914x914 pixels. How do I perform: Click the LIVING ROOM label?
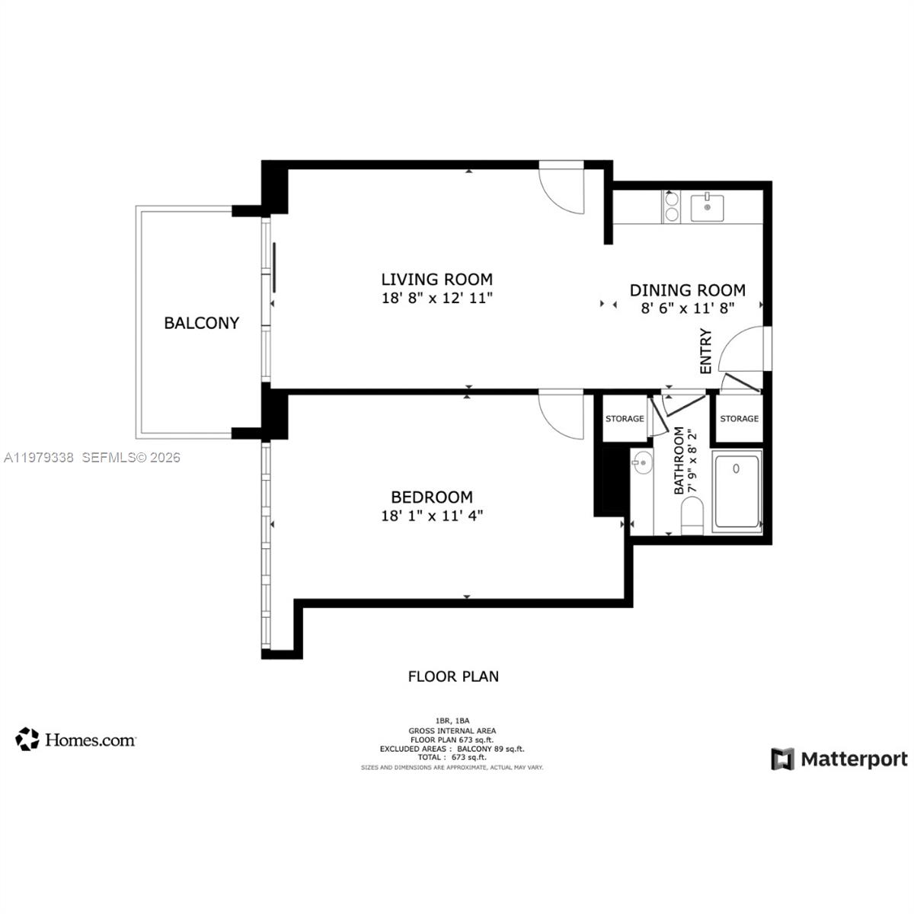tap(436, 279)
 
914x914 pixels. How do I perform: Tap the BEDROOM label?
tap(431, 497)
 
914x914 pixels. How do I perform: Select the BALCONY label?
tap(201, 323)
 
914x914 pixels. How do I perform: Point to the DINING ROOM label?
tap(687, 290)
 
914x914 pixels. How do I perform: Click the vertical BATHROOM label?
tap(679, 461)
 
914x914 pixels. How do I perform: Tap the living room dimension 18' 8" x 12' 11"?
tap(436, 298)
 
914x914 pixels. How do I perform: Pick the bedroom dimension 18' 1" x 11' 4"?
tap(431, 516)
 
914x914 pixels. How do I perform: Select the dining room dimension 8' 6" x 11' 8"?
tap(687, 308)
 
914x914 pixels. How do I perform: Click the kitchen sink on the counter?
tap(708, 207)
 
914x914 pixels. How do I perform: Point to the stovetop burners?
tap(672, 206)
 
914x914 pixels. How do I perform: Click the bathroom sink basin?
tap(642, 462)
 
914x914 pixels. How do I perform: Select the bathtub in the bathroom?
tap(737, 491)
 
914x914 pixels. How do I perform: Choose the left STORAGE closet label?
tap(625, 419)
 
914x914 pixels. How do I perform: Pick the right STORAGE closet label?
tap(739, 419)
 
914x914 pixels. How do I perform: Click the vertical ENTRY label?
tap(705, 351)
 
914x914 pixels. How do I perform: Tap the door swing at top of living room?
tap(562, 187)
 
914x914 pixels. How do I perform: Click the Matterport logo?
tap(839, 759)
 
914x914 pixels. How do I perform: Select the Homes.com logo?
tap(75, 739)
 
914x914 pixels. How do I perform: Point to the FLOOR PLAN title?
tap(453, 676)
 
